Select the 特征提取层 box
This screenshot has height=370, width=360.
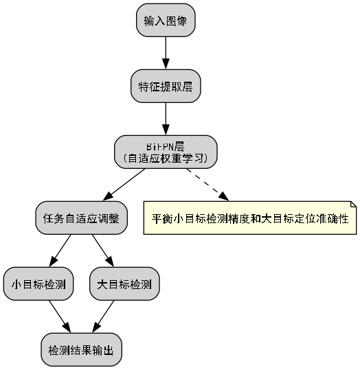166,86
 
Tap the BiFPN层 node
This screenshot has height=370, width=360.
166,152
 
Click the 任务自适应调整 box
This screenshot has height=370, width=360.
81,218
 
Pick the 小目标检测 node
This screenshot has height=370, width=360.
38,284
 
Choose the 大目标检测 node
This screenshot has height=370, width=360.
124,284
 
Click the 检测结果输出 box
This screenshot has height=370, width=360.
81,350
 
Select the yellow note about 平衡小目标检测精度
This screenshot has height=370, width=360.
249,218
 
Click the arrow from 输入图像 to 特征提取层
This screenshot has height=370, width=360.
166,54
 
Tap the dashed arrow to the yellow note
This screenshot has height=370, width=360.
207,185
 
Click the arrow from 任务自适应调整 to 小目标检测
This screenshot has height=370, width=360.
60,251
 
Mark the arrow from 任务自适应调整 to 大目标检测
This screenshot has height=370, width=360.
102,251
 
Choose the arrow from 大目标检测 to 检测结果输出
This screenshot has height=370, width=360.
103,317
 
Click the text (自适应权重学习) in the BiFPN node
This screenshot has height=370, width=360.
166,159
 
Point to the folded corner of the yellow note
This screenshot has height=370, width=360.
352,205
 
